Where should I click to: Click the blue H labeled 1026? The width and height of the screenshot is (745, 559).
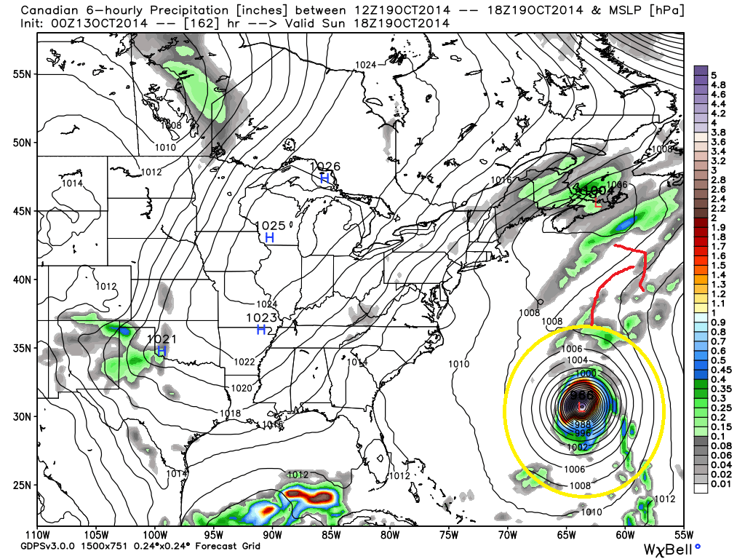324,178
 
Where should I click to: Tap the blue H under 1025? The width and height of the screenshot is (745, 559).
269,237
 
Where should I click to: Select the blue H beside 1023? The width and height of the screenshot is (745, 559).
260,330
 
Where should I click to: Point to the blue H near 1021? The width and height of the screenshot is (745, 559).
162,351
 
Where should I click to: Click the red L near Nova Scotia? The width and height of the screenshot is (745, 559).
598,203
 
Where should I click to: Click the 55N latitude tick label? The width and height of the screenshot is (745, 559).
21,75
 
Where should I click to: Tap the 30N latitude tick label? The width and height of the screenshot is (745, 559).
21,416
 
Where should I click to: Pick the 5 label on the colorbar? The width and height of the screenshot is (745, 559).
714,75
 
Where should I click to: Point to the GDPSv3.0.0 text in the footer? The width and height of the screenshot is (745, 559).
36,546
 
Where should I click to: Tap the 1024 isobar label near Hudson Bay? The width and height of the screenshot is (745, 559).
365,65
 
